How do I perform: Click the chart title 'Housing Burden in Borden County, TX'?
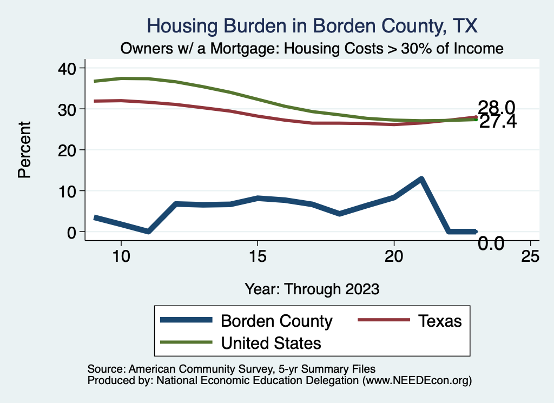coord(313,25)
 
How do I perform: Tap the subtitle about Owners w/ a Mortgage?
coord(312,49)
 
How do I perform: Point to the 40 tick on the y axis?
coord(70,68)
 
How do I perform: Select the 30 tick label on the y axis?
coord(70,109)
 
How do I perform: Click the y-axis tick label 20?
coord(70,150)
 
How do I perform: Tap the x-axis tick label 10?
coord(121,257)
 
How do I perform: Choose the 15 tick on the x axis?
coord(258,257)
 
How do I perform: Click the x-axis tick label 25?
coord(530,257)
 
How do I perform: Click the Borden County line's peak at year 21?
coord(421,179)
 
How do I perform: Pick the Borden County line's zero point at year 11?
coord(148,231)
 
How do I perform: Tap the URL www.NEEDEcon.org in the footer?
coord(417,381)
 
